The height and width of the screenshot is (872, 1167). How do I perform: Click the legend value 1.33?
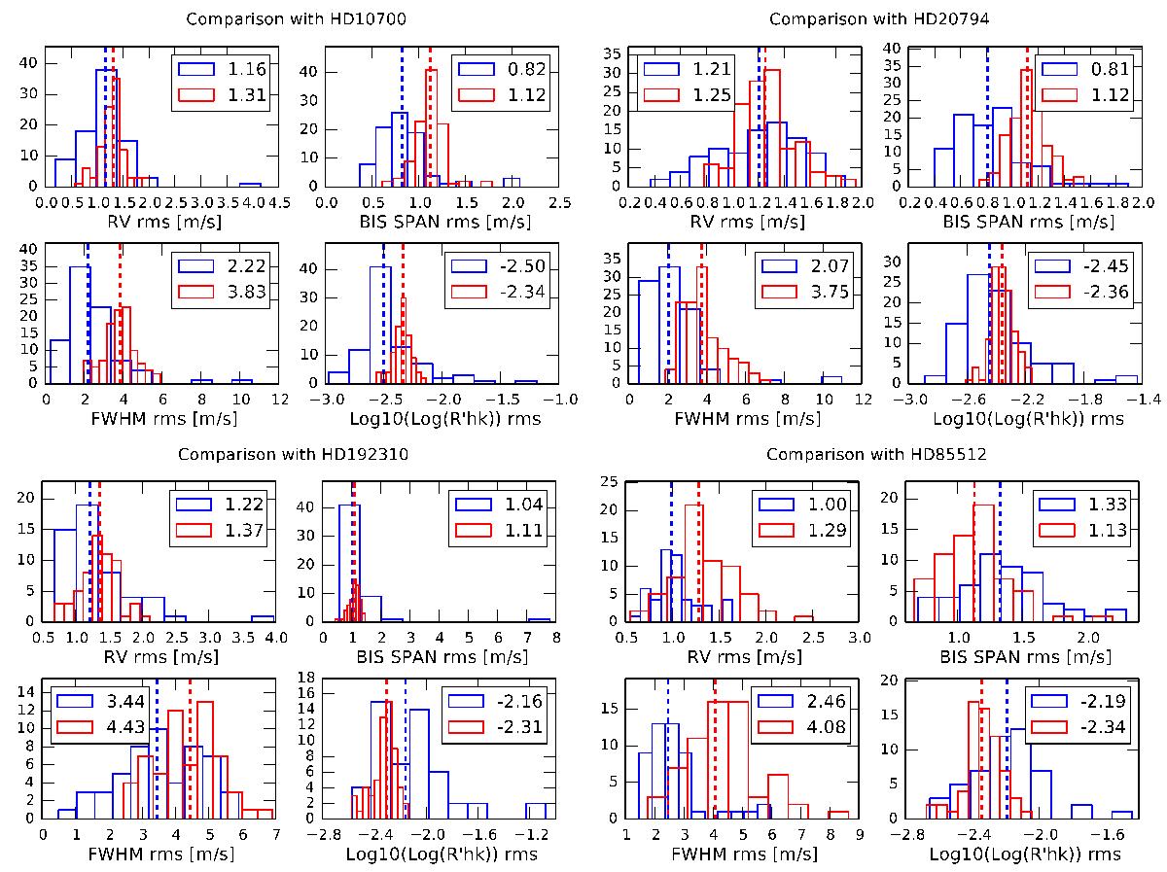click(x=1101, y=504)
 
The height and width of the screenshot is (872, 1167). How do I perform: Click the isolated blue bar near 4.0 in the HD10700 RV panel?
click(x=250, y=184)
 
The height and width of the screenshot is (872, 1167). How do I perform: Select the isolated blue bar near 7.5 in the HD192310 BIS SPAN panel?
click(x=539, y=619)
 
